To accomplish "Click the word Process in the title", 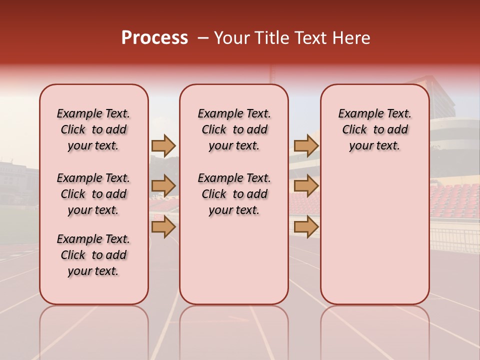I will [x=154, y=38].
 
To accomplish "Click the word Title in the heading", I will [x=273, y=38].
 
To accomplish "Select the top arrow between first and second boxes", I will [x=163, y=146].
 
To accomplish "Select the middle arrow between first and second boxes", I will [x=163, y=186].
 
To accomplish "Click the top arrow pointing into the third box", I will [x=306, y=146].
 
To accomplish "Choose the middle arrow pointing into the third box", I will [x=306, y=186].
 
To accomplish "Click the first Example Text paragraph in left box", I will [x=93, y=129].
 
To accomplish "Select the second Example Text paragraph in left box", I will [x=93, y=194].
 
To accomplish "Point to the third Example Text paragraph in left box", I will [x=93, y=255].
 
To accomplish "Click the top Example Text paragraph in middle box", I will [x=234, y=129].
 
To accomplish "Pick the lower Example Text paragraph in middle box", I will [x=234, y=194].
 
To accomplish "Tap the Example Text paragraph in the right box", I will [x=374, y=129].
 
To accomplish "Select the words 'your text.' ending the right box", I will [x=374, y=146].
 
